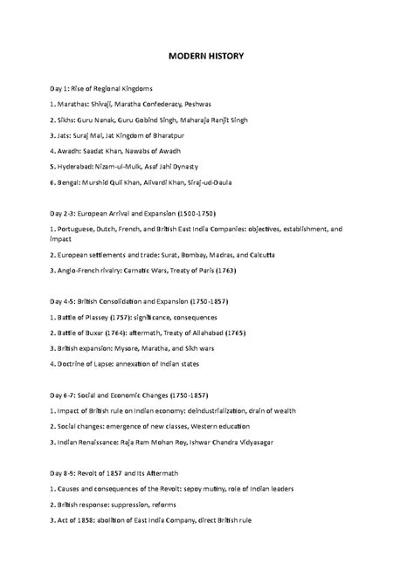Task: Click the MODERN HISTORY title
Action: click(x=206, y=57)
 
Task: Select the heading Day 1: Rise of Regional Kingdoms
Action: click(x=101, y=89)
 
